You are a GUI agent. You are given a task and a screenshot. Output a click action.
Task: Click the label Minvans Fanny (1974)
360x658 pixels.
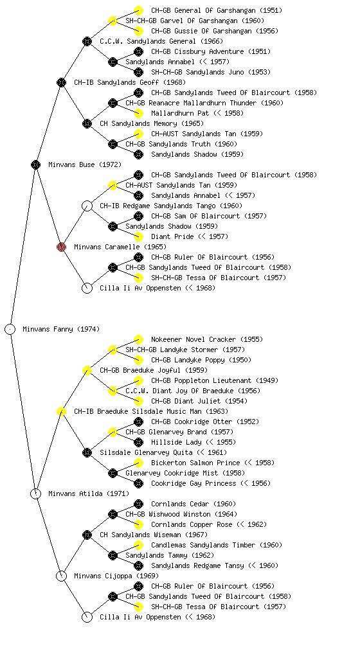pos(61,330)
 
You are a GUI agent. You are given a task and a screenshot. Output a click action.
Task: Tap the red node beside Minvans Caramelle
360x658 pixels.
pos(61,247)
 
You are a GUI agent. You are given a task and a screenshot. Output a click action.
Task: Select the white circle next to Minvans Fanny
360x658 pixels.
pos(10,329)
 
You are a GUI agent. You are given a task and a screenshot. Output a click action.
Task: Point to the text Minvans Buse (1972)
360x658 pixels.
pos(85,165)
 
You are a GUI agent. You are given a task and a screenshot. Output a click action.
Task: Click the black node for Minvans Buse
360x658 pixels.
pos(35,164)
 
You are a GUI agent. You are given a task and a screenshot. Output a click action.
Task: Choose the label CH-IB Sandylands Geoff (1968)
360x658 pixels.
pos(130,83)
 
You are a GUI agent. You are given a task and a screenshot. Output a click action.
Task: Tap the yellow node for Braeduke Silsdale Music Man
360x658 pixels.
pos(61,411)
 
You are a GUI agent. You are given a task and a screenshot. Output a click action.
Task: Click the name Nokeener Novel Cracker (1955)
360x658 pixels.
pos(207,339)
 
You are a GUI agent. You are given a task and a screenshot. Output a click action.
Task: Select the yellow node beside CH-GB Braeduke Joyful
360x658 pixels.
pos(87,370)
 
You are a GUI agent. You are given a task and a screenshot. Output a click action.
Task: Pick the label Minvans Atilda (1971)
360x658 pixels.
pos(89,494)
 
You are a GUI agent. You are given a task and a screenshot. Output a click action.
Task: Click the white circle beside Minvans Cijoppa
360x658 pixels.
pos(61,576)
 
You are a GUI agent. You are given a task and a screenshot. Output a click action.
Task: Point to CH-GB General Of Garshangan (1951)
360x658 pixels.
pos(217,10)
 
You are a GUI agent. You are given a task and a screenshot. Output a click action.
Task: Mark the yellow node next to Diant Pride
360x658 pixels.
pos(138,236)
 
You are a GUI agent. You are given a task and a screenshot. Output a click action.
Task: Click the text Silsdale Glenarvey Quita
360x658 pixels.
pos(146,453)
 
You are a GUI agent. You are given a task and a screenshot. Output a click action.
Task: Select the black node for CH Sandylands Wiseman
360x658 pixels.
pos(87,535)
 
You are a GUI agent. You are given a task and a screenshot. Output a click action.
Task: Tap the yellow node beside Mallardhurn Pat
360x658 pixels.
pos(138,113)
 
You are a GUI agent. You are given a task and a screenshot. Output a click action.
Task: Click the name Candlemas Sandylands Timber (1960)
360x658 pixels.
pos(217,545)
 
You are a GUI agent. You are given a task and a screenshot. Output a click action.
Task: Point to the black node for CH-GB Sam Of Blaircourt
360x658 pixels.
pos(138,216)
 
